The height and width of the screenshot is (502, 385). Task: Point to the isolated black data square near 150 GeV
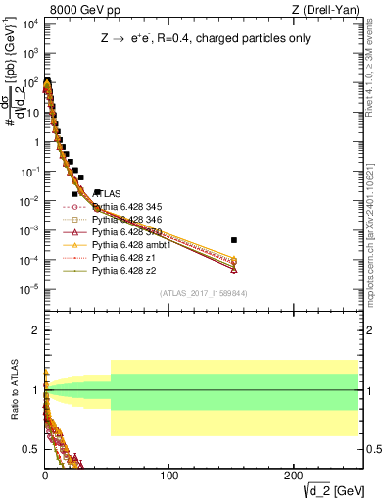point(233,240)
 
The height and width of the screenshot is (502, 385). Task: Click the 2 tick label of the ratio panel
point(36,330)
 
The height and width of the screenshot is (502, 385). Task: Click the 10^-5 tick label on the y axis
point(29,288)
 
